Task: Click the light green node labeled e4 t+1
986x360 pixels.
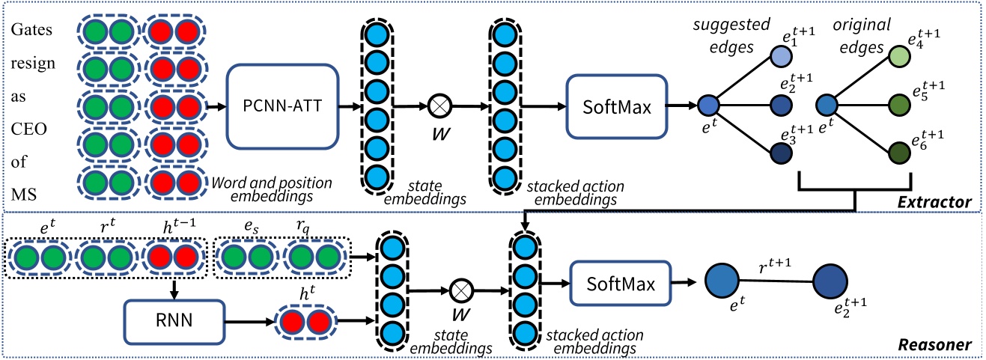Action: (900, 56)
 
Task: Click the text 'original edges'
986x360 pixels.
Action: (856, 34)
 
